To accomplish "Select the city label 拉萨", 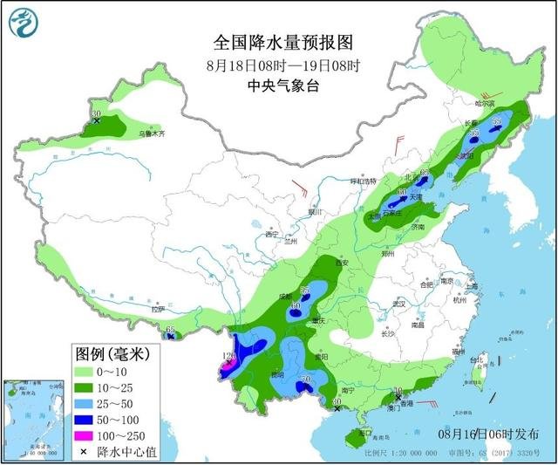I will [158, 309].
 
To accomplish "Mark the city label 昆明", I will [277, 374].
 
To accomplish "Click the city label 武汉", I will [399, 304].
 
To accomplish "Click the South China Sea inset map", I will [34, 416].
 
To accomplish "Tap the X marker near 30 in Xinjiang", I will [97, 121].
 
